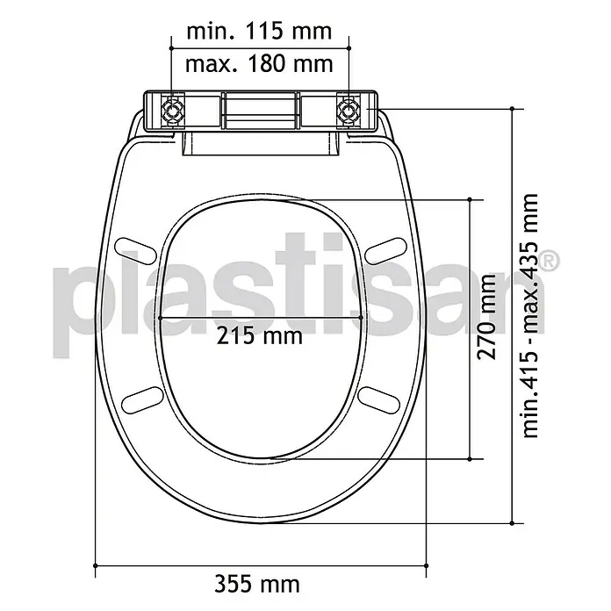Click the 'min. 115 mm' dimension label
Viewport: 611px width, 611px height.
[x=259, y=32]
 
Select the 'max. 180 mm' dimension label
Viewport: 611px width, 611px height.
[x=259, y=64]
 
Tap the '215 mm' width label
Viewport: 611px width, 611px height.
[x=259, y=336]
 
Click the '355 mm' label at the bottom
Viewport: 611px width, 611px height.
[x=257, y=585]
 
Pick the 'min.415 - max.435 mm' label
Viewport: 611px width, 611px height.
[x=529, y=316]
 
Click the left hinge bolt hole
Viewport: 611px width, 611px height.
[x=171, y=111]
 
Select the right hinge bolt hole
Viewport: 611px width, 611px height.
[x=349, y=111]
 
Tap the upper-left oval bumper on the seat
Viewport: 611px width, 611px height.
[x=136, y=251]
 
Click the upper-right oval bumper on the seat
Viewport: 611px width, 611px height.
[x=385, y=251]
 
